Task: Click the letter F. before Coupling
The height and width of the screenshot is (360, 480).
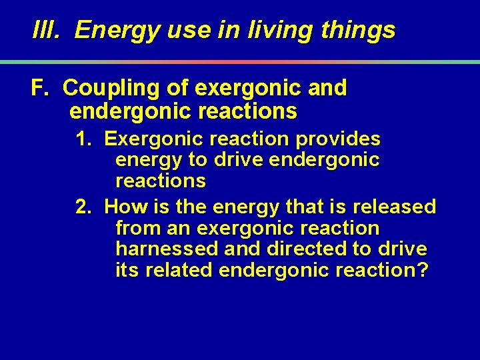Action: coord(41,88)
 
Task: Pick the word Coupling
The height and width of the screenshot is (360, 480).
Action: coord(113,89)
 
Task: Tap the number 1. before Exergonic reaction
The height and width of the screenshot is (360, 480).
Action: coord(84,139)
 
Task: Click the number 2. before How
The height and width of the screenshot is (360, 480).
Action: coord(84,207)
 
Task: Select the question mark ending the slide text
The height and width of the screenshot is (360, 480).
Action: coord(423,270)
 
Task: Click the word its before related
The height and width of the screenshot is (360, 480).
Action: coord(125,270)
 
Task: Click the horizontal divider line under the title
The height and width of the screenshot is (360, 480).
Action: coord(240,62)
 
